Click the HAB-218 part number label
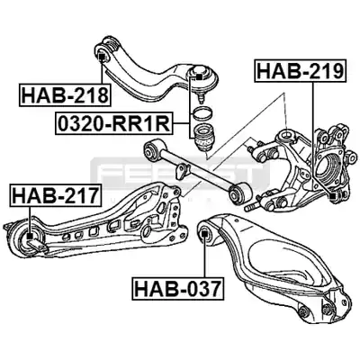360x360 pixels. [x=65, y=95]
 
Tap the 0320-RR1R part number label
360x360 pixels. [x=114, y=123]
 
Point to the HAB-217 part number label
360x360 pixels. [x=55, y=195]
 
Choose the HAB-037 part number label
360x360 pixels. [x=178, y=287]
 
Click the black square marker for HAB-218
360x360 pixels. [x=102, y=56]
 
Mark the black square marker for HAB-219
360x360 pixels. [x=333, y=197]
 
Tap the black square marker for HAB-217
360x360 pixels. [x=30, y=236]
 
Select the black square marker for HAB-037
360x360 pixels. [x=204, y=232]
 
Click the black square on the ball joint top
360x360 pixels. [x=199, y=76]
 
